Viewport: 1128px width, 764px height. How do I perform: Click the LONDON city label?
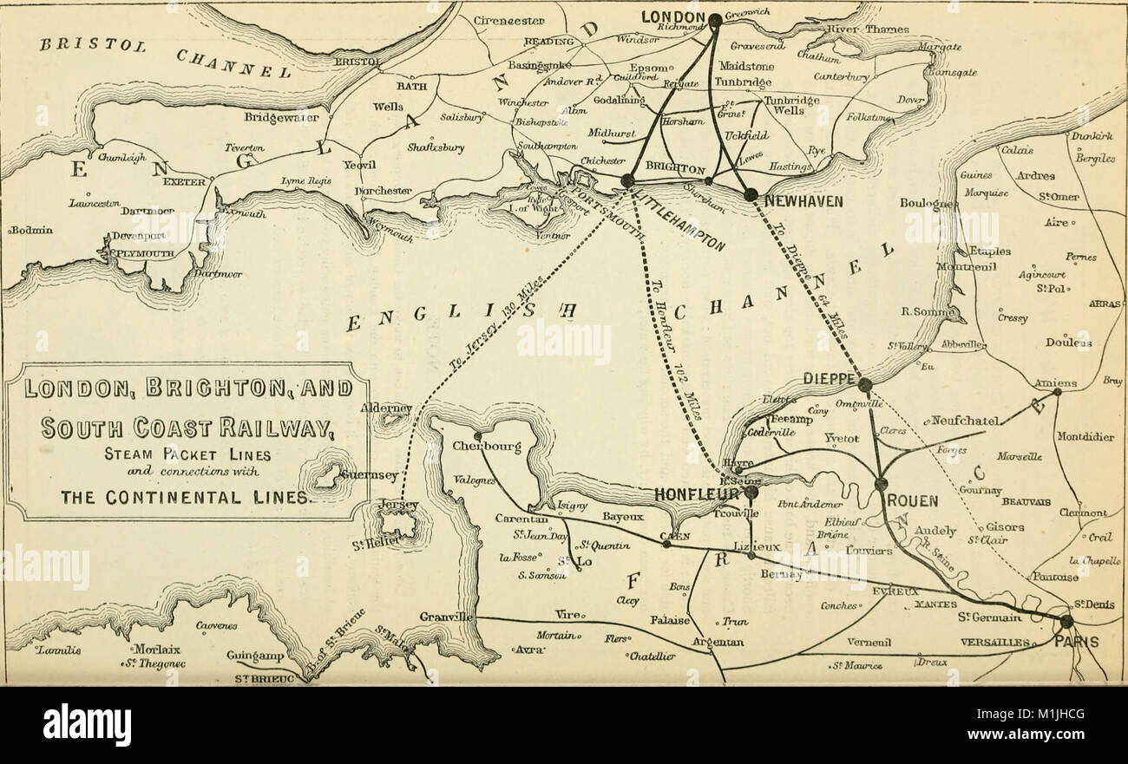click(672, 16)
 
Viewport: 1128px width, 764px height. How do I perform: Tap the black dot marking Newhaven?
click(751, 194)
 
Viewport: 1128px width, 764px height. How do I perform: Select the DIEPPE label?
click(830, 379)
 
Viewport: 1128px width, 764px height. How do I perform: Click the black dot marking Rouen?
click(881, 484)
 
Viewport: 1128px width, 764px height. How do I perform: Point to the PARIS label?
click(1076, 643)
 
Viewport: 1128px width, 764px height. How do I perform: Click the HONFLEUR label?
click(698, 494)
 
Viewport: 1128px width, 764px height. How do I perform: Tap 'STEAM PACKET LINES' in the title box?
click(188, 454)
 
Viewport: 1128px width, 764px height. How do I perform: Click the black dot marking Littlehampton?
click(627, 180)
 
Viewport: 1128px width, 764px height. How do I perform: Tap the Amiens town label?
click(1055, 382)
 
